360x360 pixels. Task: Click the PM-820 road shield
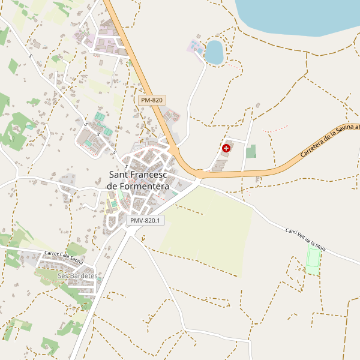(x=151, y=100)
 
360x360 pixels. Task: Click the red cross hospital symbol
(x=226, y=148)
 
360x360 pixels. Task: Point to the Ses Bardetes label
(x=77, y=275)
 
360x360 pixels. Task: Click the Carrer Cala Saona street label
(x=64, y=257)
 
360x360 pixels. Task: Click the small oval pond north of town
(x=214, y=52)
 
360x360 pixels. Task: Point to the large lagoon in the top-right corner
(x=300, y=15)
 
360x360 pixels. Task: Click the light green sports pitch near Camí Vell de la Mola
(x=313, y=260)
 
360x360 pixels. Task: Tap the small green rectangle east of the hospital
(x=251, y=151)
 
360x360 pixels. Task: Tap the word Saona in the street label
(x=74, y=260)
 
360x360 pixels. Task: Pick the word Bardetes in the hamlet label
(x=83, y=275)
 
